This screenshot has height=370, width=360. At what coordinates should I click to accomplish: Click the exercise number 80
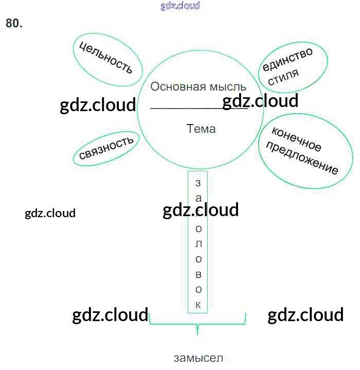point(14,23)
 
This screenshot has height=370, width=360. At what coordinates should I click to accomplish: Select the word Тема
point(201,129)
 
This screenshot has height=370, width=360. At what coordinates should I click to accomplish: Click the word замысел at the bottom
point(199,358)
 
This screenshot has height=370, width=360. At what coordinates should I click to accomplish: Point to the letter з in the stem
point(199,183)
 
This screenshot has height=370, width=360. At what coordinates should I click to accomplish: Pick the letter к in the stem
point(199,305)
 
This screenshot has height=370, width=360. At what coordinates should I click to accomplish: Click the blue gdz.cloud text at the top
point(180,6)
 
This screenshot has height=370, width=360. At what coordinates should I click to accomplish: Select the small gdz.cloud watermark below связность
point(50,213)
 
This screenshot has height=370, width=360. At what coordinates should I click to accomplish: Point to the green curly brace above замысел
point(197,324)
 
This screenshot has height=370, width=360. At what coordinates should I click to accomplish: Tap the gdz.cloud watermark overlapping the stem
point(201,210)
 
